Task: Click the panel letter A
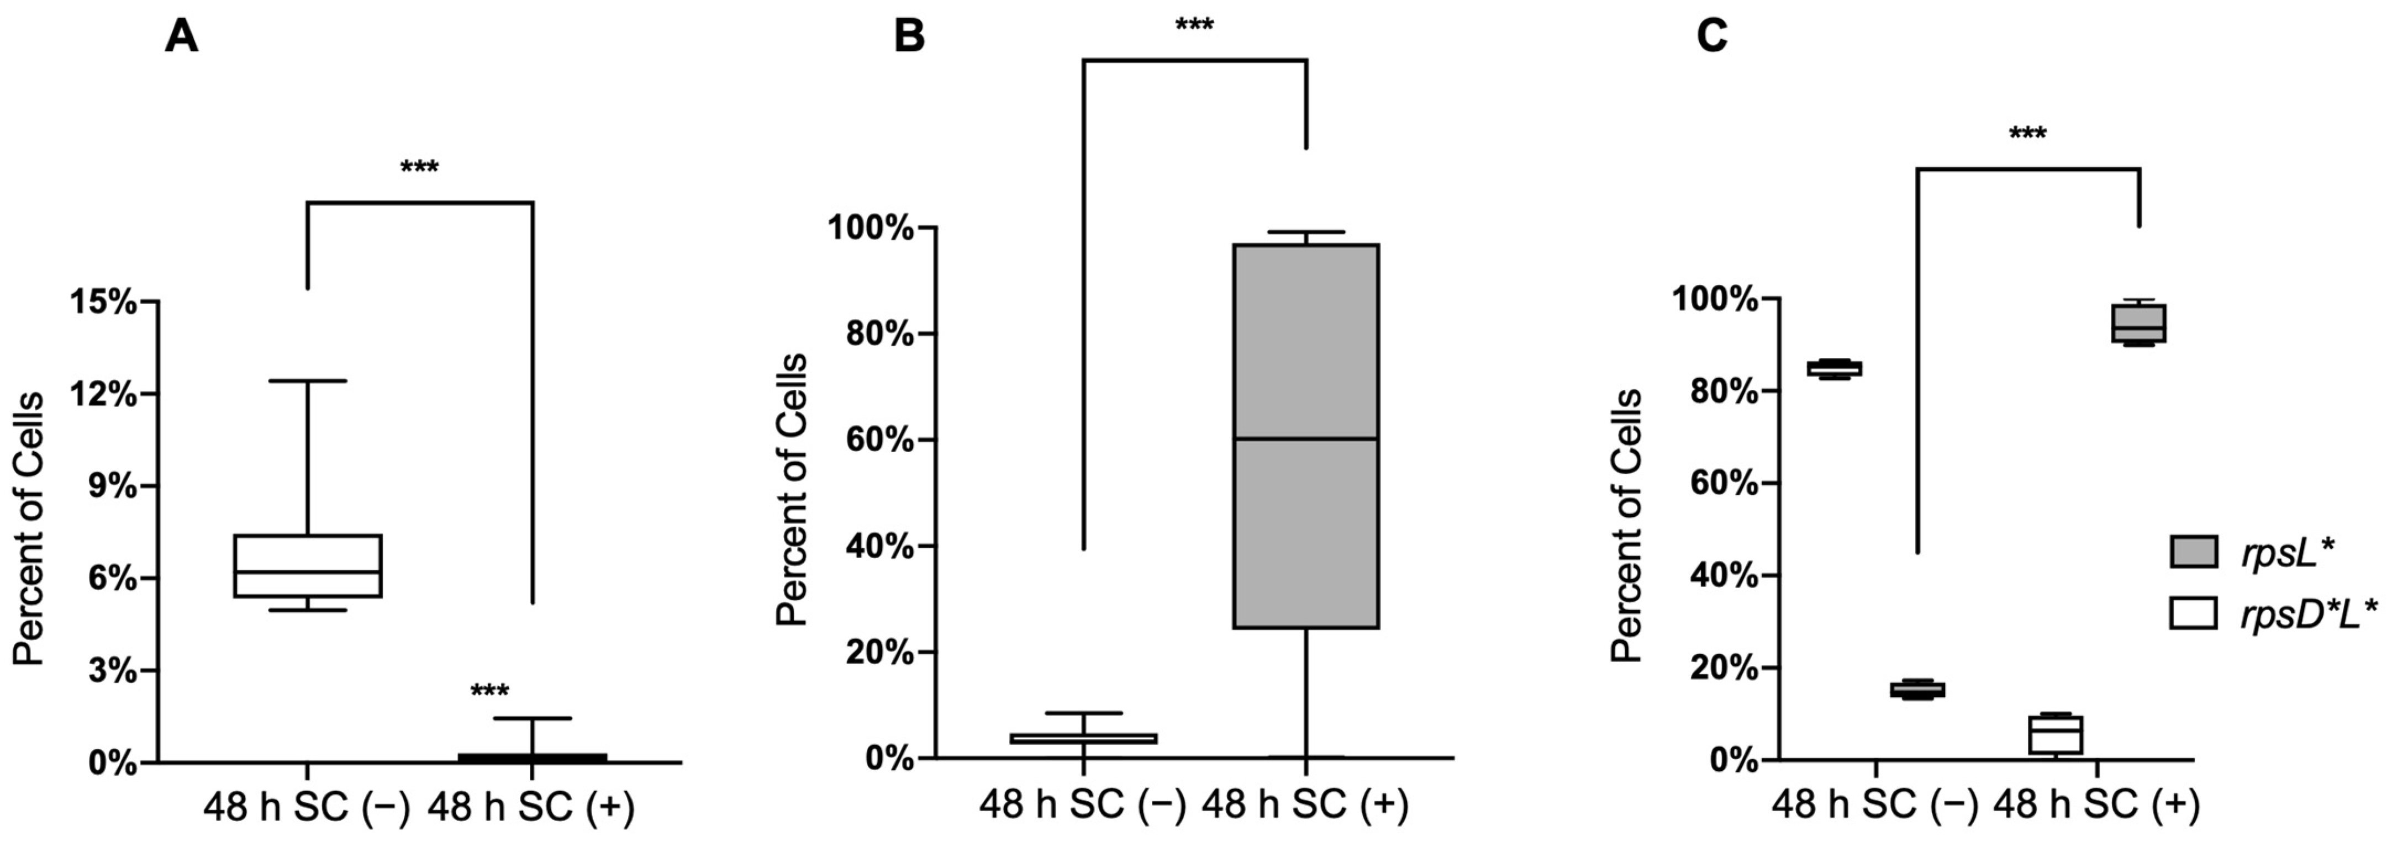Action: click(x=182, y=38)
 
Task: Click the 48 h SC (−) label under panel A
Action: click(x=307, y=809)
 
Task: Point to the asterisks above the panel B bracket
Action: click(x=1194, y=25)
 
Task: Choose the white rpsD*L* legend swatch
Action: click(x=2193, y=614)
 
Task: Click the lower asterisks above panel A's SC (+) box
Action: click(x=489, y=692)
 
